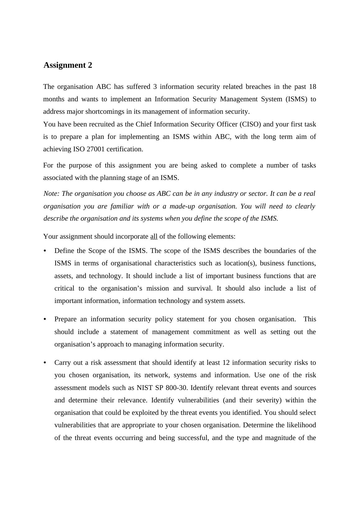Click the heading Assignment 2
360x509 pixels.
[x=68, y=65]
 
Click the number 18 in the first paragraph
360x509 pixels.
[x=312, y=87]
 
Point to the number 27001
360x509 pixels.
[x=95, y=149]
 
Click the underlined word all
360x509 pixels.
[x=154, y=236]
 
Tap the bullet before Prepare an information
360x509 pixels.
[x=45, y=319]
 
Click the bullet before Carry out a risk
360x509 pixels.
[x=45, y=363]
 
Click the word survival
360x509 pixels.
[x=200, y=288]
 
